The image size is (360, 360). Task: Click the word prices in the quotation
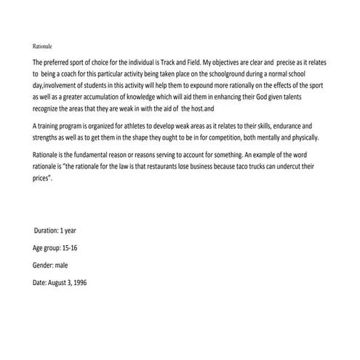tap(44, 177)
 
